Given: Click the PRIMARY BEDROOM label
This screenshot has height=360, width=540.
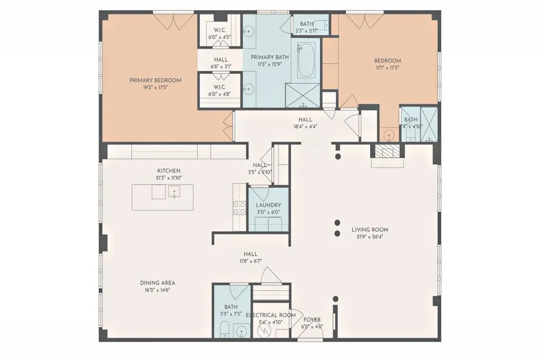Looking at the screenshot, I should [x=156, y=81].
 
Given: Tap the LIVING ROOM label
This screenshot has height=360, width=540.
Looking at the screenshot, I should [x=370, y=230].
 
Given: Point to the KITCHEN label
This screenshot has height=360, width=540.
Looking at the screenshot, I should [x=169, y=171].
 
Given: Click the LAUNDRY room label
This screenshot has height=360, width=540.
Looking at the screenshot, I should [x=268, y=205].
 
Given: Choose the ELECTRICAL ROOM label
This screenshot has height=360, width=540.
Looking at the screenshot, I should [x=271, y=315].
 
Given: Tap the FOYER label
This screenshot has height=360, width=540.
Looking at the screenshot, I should [x=312, y=320].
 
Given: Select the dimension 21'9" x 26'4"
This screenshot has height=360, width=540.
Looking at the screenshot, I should [x=370, y=237].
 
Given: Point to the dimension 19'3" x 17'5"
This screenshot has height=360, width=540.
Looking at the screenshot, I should [x=156, y=87].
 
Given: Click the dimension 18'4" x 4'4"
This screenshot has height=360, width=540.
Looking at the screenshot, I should [x=305, y=127].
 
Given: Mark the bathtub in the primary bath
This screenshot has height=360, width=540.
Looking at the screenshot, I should [x=305, y=61].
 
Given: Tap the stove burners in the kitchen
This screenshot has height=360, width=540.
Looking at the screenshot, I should [x=239, y=208].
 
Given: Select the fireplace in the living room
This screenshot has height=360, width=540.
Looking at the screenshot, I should [x=388, y=153].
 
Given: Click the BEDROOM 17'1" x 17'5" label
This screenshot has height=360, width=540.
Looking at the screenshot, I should [x=388, y=61].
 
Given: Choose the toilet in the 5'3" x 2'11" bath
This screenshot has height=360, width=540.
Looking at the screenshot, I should [x=325, y=24].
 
